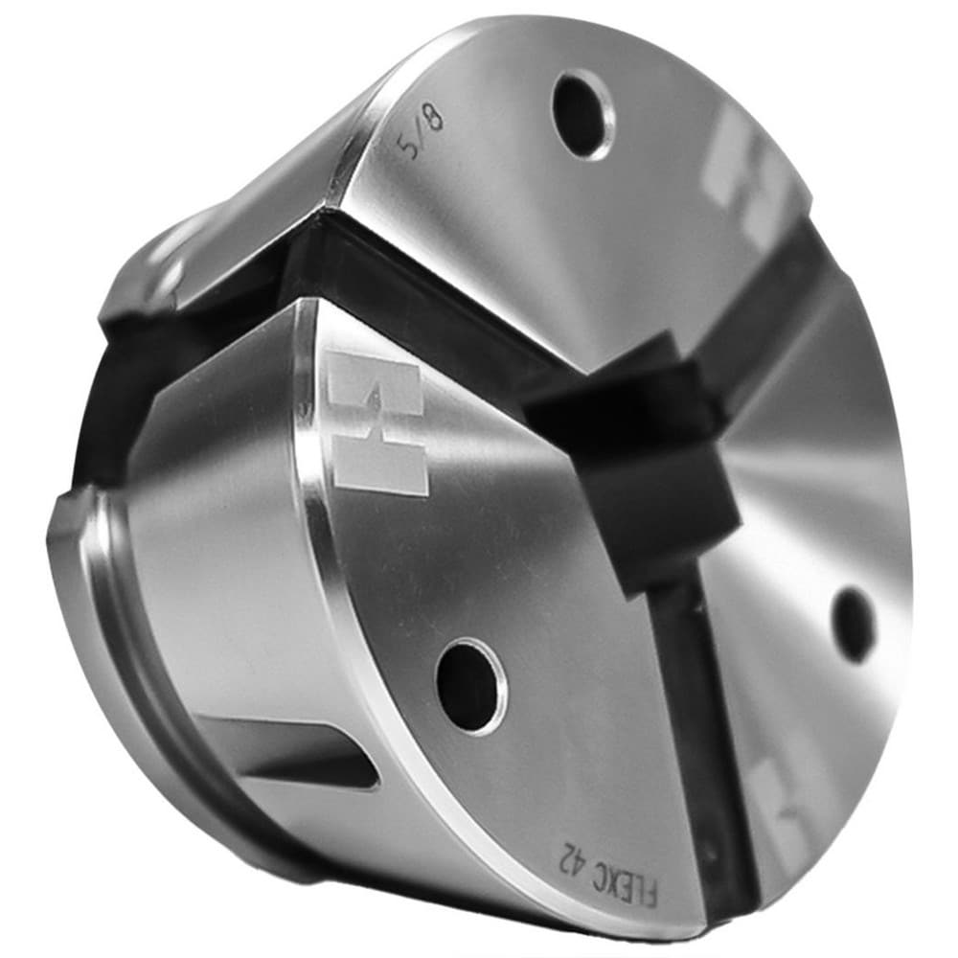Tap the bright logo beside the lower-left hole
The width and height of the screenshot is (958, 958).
(374, 422)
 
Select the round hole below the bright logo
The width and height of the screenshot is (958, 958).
(471, 686)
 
